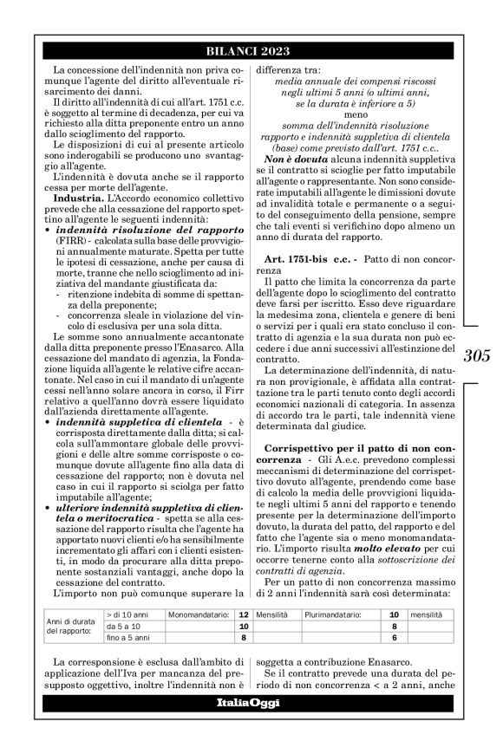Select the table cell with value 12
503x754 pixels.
[x=243, y=613]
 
